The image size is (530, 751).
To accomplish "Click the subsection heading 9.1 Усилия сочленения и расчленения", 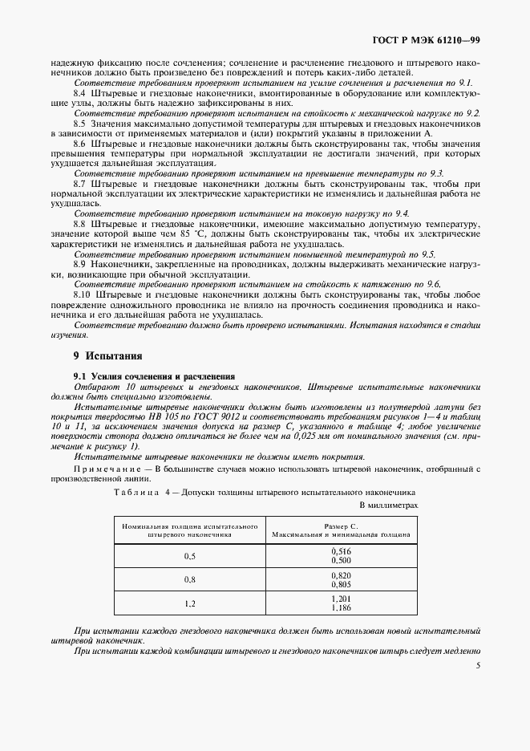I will (x=154, y=375).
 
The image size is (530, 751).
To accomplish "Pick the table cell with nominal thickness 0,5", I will (x=190, y=555).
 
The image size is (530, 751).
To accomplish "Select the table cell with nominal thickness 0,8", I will (x=190, y=578).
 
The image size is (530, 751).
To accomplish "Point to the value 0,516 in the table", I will (x=341, y=551).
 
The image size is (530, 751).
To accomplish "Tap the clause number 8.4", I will (x=80, y=94).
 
